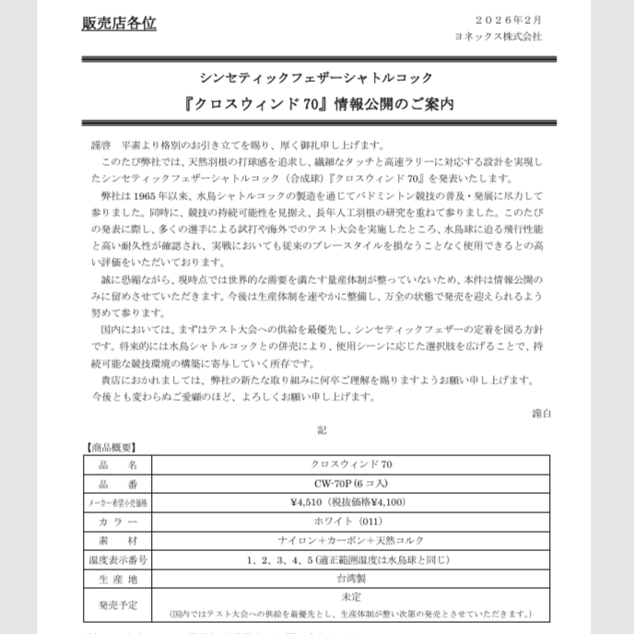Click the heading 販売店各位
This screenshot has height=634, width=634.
[119, 24]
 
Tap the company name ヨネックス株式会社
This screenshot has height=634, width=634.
[499, 37]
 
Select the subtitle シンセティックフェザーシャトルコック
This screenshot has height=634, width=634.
[316, 78]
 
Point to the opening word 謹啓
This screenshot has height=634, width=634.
[100, 146]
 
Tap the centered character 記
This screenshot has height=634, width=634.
[320, 429]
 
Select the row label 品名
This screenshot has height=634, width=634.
[117, 464]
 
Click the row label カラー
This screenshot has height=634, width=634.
[117, 522]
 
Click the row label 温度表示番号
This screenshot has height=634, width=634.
[117, 559]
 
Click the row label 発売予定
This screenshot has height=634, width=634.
[117, 605]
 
